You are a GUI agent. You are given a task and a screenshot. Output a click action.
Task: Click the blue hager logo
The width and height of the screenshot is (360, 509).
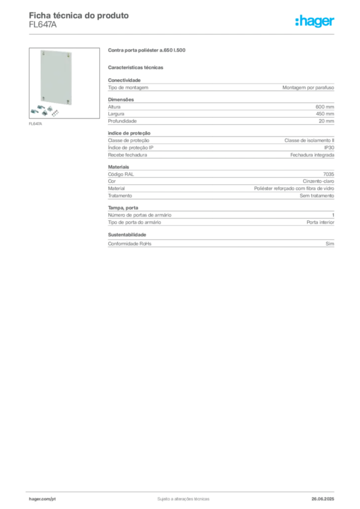315,21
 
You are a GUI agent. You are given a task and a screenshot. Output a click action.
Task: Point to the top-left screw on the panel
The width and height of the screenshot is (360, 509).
45,53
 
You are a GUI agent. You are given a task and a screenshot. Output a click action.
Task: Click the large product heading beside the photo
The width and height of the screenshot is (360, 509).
147,50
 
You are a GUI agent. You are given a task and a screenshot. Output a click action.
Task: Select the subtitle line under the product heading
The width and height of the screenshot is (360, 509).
137,68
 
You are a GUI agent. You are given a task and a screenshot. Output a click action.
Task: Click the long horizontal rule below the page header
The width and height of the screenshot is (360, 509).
183,34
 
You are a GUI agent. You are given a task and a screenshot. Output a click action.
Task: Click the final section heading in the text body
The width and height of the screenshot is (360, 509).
127,234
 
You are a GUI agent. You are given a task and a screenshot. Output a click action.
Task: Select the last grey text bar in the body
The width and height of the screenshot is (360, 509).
220,244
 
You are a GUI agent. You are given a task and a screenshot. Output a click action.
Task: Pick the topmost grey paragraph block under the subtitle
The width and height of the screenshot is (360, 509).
220,87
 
